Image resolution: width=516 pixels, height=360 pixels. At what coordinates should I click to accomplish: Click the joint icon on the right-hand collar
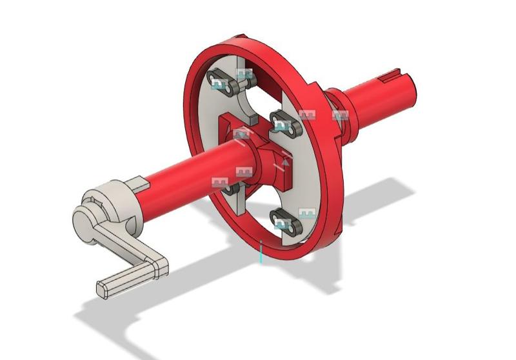[x=340, y=115]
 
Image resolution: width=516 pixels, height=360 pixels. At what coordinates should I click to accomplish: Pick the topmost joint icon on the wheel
[x=243, y=74]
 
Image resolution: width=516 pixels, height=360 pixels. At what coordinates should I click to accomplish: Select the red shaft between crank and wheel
[x=187, y=171]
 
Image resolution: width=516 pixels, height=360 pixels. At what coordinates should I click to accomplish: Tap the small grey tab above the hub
[x=250, y=120]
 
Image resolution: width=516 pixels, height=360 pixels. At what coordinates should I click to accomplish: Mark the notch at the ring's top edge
[x=239, y=38]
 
